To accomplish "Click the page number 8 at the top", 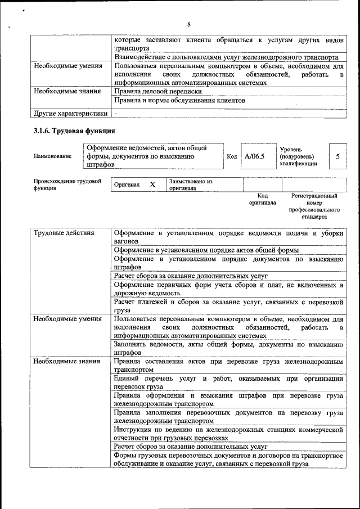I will tap(189, 24).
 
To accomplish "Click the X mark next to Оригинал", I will tap(152, 184).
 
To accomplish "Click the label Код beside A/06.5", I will tap(231, 156).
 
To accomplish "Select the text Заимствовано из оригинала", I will tap(191, 185).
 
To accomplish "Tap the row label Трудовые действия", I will tap(64, 232).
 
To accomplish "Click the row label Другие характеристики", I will tap(70, 113).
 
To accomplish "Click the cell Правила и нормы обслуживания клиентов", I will tap(179, 100).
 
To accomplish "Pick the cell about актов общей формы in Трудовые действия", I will tap(206, 250).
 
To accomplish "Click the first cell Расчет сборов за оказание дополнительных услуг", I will tap(190, 276).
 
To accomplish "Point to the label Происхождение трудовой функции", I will tap(67, 185).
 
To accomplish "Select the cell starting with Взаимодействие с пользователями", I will tap(226, 57).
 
